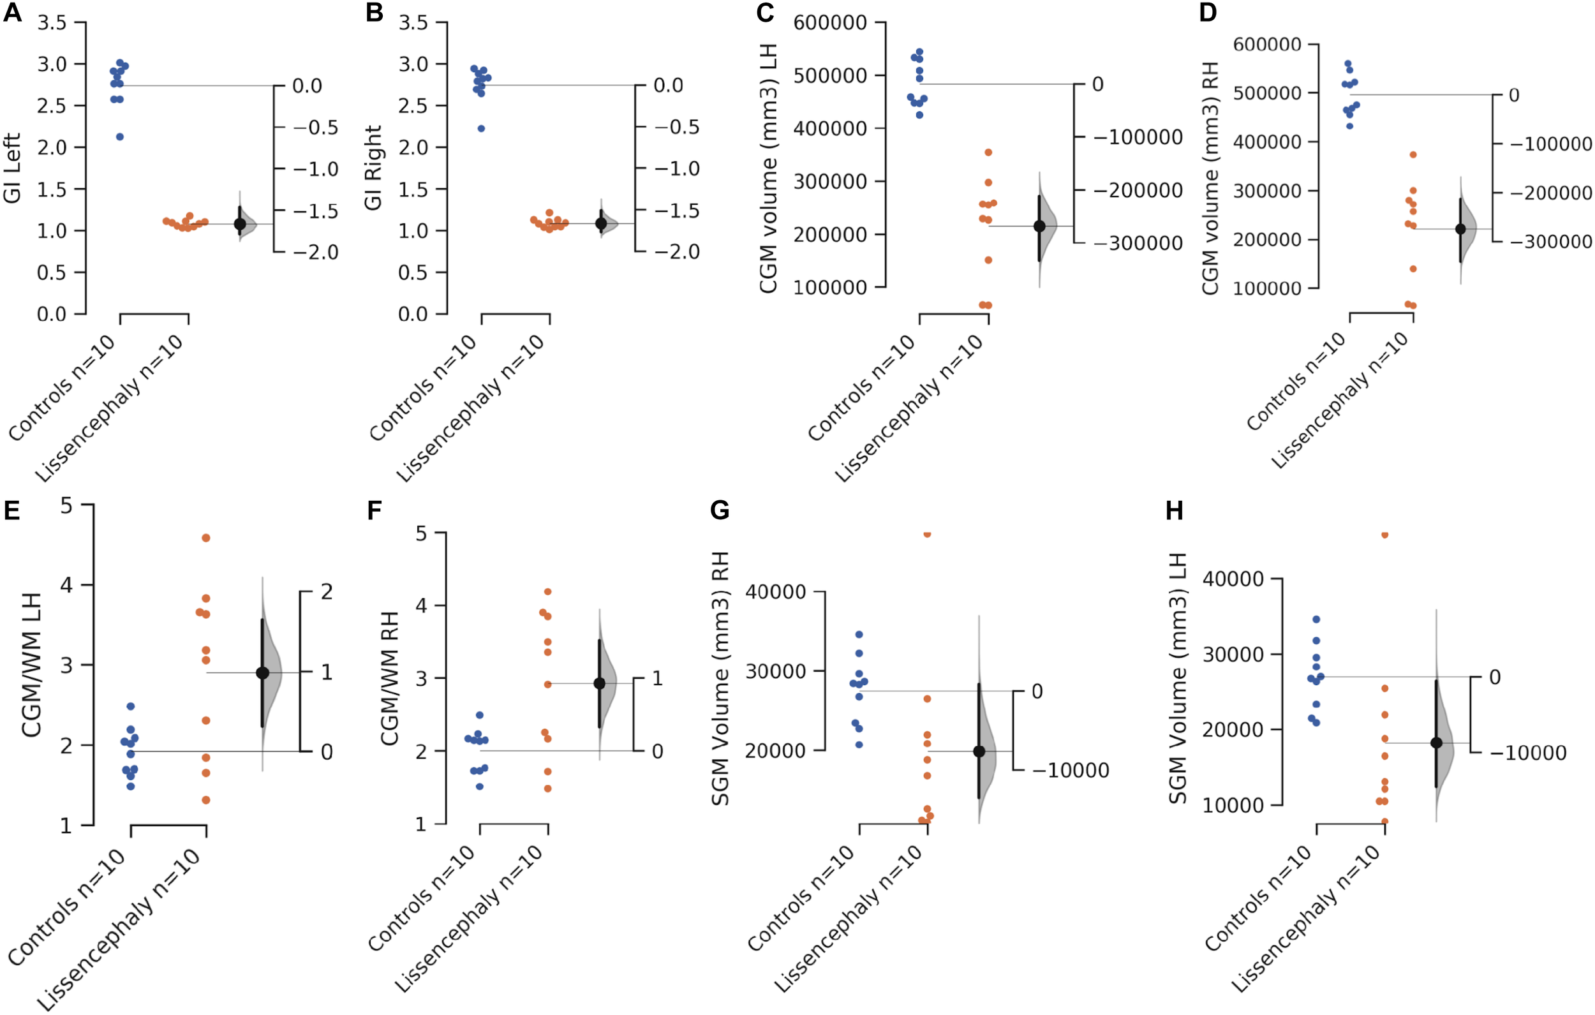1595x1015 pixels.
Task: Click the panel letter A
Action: click(x=12, y=12)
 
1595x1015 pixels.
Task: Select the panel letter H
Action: click(x=1174, y=510)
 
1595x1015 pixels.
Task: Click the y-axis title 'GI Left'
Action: click(x=12, y=168)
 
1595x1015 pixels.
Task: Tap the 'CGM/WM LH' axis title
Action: click(x=31, y=665)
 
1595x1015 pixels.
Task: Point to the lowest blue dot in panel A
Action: click(x=120, y=137)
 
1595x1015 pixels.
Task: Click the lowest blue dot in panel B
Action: click(x=482, y=128)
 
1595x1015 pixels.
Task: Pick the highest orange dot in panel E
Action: click(x=206, y=538)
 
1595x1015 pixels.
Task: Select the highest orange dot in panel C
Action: click(x=988, y=152)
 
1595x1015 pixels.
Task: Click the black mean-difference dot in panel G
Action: click(x=979, y=752)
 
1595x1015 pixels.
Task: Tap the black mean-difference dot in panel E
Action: click(x=262, y=673)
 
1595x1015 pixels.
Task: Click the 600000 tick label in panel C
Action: click(x=830, y=23)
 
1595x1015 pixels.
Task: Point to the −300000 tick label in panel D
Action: click(x=1551, y=242)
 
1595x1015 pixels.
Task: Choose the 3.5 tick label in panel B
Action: click(x=413, y=23)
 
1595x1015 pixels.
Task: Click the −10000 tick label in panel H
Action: click(x=1529, y=753)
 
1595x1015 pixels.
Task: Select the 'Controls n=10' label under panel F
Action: click(x=421, y=898)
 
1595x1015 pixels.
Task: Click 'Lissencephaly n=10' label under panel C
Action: click(x=908, y=408)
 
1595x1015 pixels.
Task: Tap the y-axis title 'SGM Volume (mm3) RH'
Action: click(x=720, y=678)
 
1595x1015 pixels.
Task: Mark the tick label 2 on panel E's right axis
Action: click(x=327, y=591)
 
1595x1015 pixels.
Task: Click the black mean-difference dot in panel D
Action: click(x=1460, y=229)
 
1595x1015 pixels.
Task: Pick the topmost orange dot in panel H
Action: click(x=1384, y=535)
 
